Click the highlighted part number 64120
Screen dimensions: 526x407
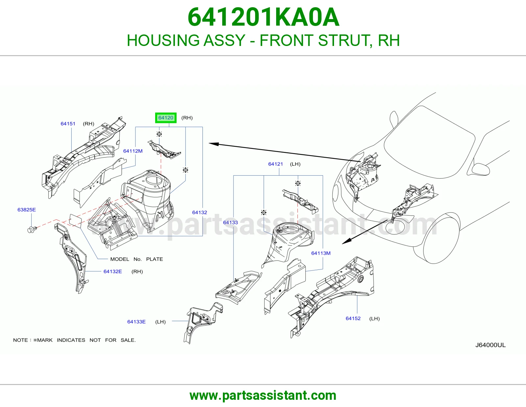[x=166, y=118]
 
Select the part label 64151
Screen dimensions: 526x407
[x=68, y=124]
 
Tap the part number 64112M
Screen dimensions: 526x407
[x=133, y=151]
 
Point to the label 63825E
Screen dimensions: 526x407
[x=27, y=210]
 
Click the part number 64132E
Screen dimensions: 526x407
[x=112, y=271]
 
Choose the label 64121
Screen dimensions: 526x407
[x=275, y=164]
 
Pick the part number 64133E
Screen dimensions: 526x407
[x=136, y=322]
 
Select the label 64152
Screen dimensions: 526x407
[x=353, y=318]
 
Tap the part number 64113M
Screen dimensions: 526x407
[x=321, y=253]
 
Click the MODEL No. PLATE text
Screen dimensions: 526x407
[x=136, y=259]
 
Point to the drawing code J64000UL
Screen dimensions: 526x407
[x=490, y=345]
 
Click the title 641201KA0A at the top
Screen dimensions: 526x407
[x=263, y=17]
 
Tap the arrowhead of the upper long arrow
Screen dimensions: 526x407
[x=214, y=144]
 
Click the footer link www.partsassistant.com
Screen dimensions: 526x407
[x=263, y=396]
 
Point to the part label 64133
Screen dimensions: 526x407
[x=230, y=223]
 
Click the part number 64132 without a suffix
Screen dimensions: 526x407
[x=200, y=212]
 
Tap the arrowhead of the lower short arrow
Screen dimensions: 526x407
[x=347, y=241]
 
